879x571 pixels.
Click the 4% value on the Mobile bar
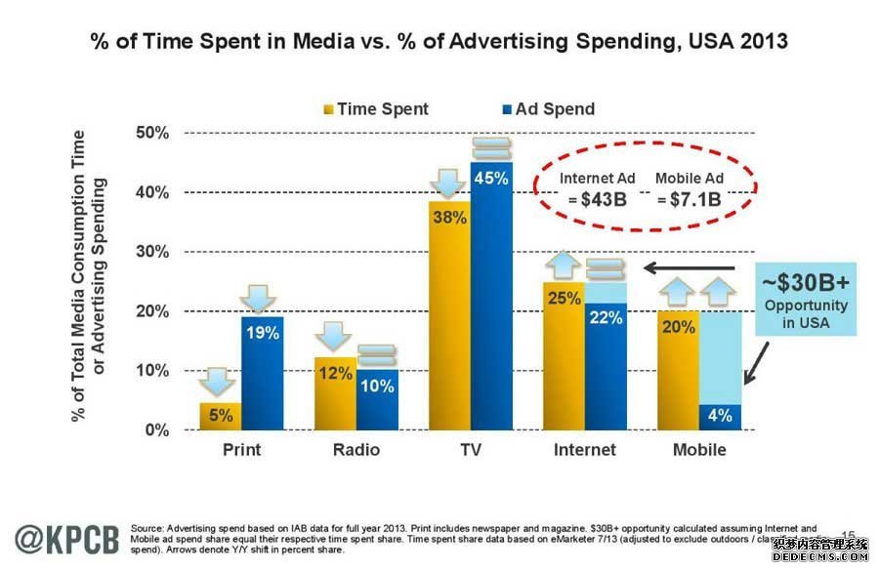tap(721, 416)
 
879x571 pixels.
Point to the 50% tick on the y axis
tap(157, 133)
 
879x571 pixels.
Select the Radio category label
tap(356, 450)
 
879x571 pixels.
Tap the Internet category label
tap(585, 450)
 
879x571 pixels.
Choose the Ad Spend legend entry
tap(550, 109)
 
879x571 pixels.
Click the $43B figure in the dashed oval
tap(597, 199)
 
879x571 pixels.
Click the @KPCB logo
tap(67, 539)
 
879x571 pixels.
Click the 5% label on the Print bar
tap(221, 416)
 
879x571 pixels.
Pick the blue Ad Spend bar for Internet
tap(606, 371)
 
